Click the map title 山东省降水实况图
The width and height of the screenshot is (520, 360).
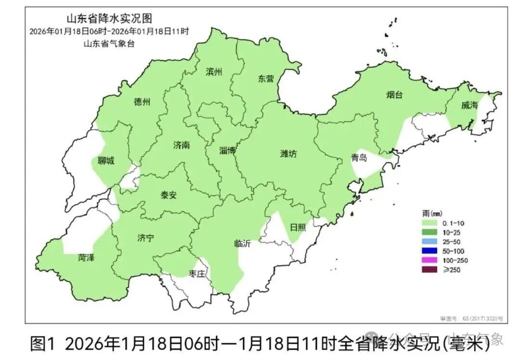point(109,19)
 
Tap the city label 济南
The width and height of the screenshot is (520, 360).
point(181,145)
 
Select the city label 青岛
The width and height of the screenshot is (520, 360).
point(359,158)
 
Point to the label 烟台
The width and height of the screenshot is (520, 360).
point(394,95)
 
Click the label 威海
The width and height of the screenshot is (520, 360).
point(469,105)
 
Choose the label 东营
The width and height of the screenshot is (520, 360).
point(265,79)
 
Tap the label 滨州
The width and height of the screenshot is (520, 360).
point(214,72)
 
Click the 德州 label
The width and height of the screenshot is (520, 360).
point(142,102)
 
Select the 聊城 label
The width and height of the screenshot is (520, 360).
point(106,161)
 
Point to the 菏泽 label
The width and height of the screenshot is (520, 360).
point(86,258)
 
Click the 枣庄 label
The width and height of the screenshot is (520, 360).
point(197,274)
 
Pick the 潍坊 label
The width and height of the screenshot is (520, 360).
point(288,154)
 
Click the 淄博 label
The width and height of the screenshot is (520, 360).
point(227,151)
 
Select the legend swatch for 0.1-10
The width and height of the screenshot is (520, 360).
point(429,224)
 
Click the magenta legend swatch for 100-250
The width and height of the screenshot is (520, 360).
point(429,260)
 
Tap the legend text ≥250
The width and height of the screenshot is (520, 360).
point(448,270)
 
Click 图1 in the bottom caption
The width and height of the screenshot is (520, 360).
point(43,343)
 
